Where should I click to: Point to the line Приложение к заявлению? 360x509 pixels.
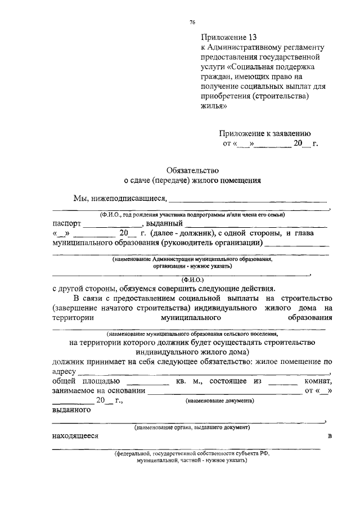[x=264, y=133]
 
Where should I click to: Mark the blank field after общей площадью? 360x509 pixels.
[x=149, y=384]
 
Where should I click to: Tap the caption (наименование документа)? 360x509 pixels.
[x=219, y=401]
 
